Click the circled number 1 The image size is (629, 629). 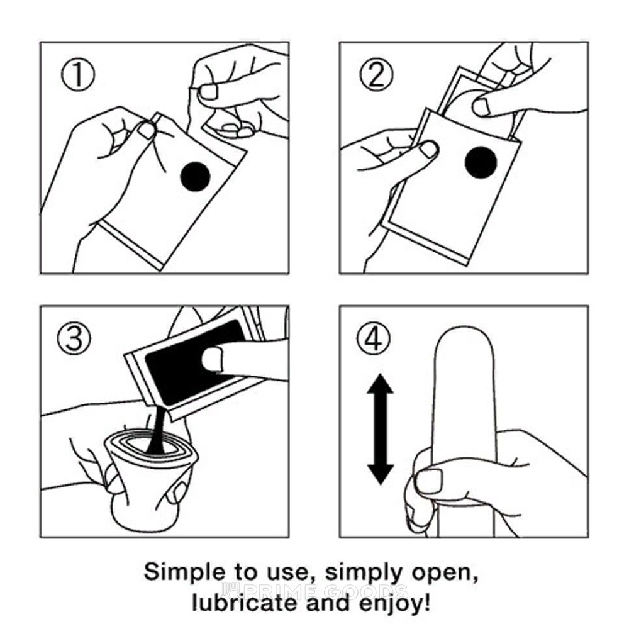78,75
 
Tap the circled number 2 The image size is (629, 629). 376,75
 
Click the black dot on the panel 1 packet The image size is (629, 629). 196,175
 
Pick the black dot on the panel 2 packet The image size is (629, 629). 481,162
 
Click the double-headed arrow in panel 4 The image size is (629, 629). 381,429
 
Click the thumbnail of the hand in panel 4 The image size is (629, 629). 429,481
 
